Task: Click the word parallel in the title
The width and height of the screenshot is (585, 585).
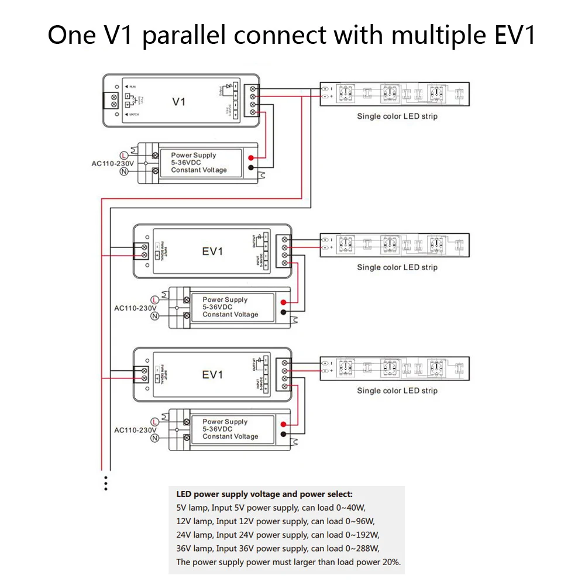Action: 186,36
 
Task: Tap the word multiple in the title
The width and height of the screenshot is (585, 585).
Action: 436,36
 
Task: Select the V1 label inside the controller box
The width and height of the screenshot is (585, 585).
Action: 179,101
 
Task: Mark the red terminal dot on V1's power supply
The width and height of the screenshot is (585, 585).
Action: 251,158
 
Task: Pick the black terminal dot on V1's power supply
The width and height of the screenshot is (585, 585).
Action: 251,168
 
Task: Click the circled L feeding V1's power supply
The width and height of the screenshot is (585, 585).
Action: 123,155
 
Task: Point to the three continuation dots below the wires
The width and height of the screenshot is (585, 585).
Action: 106,483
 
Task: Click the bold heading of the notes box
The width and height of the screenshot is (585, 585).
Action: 264,494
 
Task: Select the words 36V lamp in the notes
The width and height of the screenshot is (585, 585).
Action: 194,549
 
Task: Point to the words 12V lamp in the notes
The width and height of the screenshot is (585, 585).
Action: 194,521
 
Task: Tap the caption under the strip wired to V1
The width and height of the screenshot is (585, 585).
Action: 397,116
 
